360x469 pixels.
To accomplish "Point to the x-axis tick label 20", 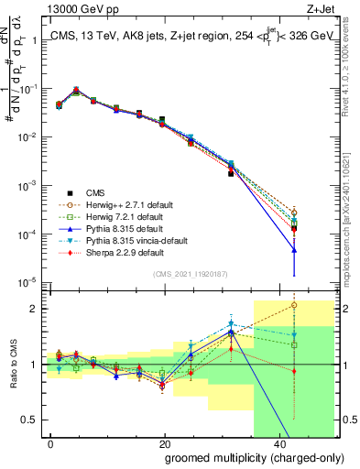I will point(164,443).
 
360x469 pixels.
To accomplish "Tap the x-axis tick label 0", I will point(51,443).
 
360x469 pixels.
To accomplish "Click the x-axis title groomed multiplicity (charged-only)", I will point(240,458).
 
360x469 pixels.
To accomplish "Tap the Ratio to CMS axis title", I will point(12,365).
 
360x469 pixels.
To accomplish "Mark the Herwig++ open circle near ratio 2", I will point(294,305).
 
